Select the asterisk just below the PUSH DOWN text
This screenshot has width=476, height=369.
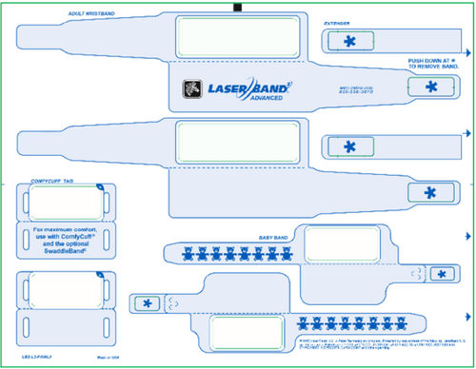(x=432, y=87)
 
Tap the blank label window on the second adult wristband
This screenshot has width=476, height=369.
(x=238, y=146)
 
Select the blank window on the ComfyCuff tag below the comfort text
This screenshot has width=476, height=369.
(x=65, y=289)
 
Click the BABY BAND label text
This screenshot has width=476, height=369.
(x=274, y=237)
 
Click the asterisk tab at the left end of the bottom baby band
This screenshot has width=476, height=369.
(x=147, y=303)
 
